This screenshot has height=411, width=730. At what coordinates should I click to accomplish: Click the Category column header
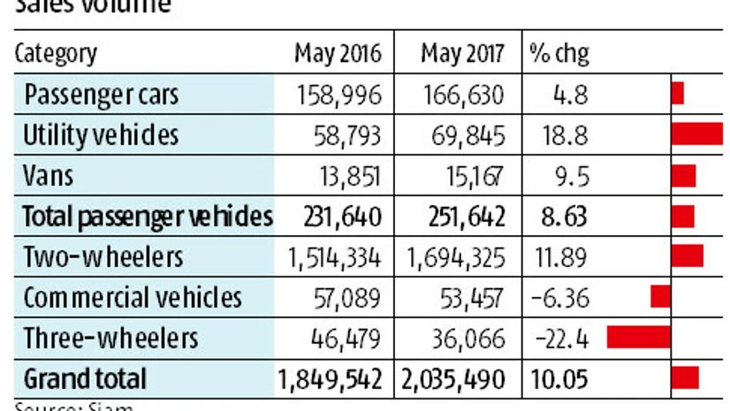tap(55, 54)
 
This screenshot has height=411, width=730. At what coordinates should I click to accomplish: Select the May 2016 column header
tap(338, 54)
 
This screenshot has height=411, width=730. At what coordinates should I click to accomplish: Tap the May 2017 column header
tap(462, 54)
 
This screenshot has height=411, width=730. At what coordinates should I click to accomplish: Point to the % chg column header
tap(559, 54)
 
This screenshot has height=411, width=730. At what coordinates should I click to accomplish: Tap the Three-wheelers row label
tap(110, 338)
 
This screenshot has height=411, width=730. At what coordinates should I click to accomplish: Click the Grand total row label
tap(85, 378)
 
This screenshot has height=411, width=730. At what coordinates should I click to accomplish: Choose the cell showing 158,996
tap(341, 95)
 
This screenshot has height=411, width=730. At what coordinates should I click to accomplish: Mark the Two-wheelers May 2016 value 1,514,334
tap(334, 257)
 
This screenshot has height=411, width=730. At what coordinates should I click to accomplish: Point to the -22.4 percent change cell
tap(559, 338)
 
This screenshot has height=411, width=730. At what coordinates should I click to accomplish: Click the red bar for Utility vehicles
tap(696, 134)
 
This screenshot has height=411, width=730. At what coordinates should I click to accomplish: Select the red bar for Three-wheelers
tap(638, 338)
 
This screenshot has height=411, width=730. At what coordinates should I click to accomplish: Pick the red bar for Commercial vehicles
tap(660, 297)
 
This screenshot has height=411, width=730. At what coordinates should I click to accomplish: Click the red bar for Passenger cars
tap(677, 94)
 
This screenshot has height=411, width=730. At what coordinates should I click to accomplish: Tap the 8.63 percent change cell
tap(559, 217)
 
